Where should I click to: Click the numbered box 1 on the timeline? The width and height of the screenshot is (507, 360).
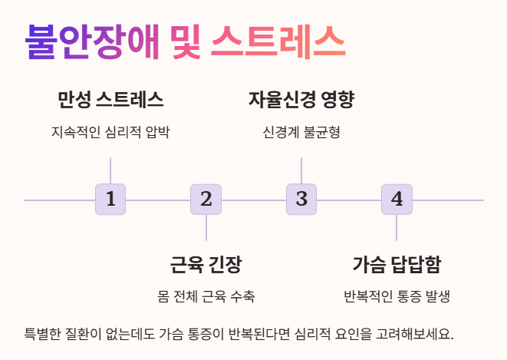pyautogui.click(x=110, y=200)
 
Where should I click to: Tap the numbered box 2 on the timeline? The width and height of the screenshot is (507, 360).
pyautogui.click(x=206, y=200)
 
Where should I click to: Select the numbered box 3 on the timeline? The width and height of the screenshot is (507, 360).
pyautogui.click(x=301, y=200)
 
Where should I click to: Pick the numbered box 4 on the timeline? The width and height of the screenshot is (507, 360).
pyautogui.click(x=397, y=200)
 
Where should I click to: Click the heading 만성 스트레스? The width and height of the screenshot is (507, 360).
pyautogui.click(x=110, y=100)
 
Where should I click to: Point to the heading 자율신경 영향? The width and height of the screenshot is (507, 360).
pyautogui.click(x=301, y=100)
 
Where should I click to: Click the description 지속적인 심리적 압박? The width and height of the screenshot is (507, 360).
pyautogui.click(x=110, y=132)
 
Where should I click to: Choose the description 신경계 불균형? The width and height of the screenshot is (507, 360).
pyautogui.click(x=301, y=132)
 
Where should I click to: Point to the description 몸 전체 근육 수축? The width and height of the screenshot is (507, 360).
pyautogui.click(x=206, y=297)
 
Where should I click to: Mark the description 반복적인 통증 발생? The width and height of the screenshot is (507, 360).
pyautogui.click(x=397, y=297)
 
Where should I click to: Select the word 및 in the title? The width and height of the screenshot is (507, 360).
pyautogui.click(x=185, y=41)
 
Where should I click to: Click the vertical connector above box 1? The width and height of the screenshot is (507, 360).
pyautogui.click(x=110, y=170)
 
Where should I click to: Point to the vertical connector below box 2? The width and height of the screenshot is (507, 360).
pyautogui.click(x=206, y=228)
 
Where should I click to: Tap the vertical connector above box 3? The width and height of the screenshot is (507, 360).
pyautogui.click(x=301, y=170)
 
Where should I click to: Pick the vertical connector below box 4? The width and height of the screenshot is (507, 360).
pyautogui.click(x=397, y=228)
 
